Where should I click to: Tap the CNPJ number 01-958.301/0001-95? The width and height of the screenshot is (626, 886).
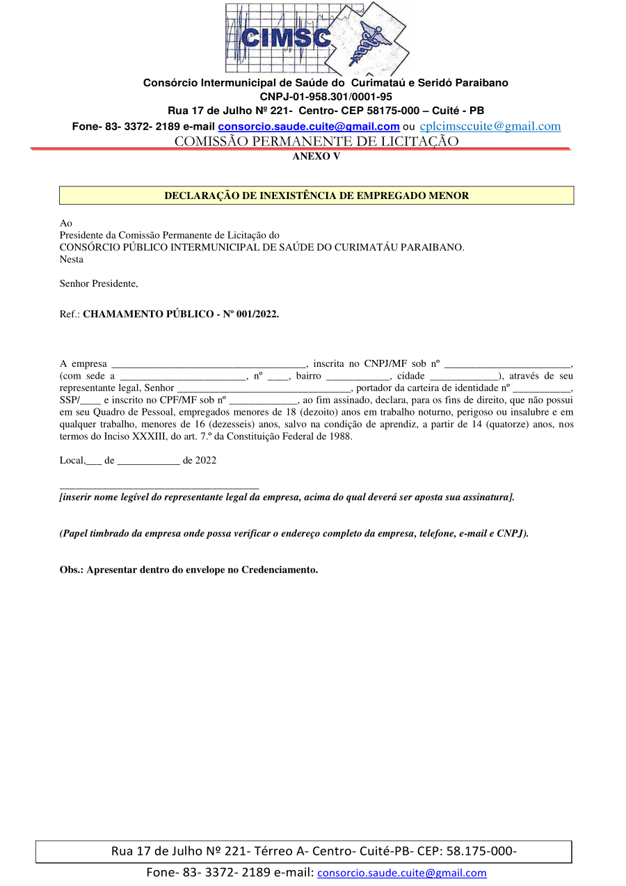coord(326,97)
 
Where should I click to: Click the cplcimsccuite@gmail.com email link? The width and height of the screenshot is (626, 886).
coord(490,126)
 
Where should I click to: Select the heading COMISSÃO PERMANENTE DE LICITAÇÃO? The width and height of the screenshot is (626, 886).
coord(316,141)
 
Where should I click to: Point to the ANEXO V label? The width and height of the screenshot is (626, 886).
coord(316,157)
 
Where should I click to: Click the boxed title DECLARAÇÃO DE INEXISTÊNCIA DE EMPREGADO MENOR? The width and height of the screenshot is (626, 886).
coord(316,196)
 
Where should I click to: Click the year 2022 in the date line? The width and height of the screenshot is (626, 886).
coord(206,460)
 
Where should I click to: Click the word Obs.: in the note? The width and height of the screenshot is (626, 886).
coord(72,569)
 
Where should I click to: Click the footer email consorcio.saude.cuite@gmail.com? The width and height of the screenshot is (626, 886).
coord(402,873)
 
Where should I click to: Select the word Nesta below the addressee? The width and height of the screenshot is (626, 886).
coord(72,260)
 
